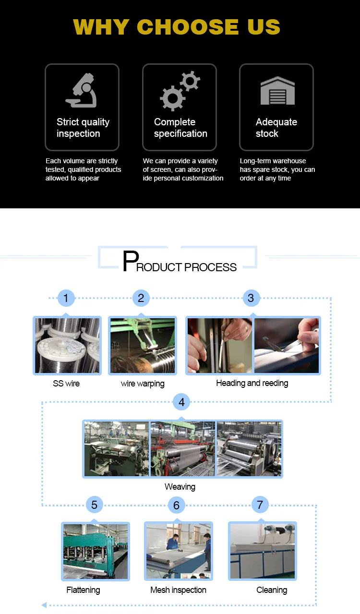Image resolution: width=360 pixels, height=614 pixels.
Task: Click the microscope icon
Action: coord(81,90)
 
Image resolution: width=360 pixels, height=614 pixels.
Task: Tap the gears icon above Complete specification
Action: coord(180,90)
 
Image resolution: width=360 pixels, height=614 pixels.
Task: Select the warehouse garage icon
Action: coord(277,90)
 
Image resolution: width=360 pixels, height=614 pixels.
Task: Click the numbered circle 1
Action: coord(66,298)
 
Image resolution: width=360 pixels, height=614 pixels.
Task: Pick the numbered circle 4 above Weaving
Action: coord(181,402)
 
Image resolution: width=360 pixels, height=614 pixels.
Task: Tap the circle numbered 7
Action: coord(260,505)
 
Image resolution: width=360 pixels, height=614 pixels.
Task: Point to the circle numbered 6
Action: coord(176,505)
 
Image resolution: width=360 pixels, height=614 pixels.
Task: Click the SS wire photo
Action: coord(67,346)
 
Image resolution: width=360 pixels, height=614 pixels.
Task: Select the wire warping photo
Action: coord(142,346)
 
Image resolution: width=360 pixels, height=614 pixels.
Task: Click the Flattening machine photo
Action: coord(96,551)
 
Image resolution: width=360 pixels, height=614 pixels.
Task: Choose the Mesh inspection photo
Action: coord(179,551)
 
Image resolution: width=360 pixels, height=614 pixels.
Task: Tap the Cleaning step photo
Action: coord(263,551)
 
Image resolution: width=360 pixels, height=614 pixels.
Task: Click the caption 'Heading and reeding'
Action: coord(252,383)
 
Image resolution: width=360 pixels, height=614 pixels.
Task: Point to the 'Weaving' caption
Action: coord(180,487)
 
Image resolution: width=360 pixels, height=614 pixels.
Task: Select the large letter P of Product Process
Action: coord(130,262)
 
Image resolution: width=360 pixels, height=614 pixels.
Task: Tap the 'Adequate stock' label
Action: coord(276,128)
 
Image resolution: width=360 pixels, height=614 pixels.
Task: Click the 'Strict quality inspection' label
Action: coord(83,128)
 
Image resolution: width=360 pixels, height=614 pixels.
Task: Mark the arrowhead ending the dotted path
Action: coord(44,605)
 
